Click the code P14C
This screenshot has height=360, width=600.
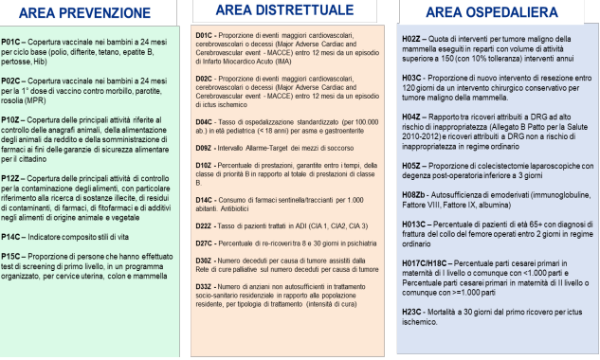13,261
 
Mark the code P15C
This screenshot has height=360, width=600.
13,282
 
